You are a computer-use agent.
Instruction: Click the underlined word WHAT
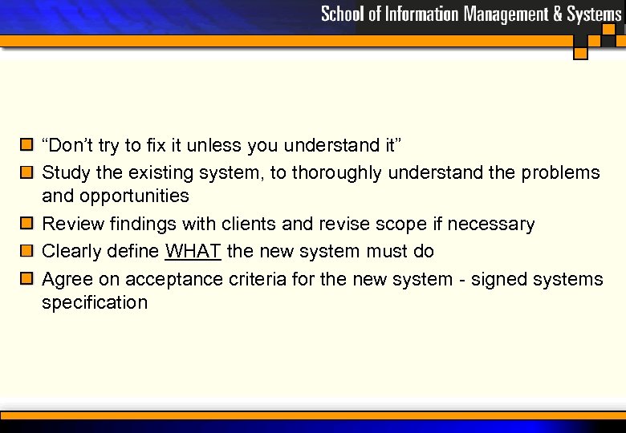click(x=193, y=252)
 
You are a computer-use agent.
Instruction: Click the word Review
click(x=69, y=225)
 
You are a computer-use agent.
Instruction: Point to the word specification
click(x=95, y=303)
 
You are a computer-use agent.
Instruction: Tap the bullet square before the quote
click(x=26, y=145)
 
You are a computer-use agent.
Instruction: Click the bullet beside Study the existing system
click(x=26, y=172)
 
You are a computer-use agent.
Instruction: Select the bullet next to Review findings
click(x=26, y=224)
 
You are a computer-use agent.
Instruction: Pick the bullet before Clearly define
click(x=26, y=251)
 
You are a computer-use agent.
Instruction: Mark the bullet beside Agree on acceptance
click(x=26, y=279)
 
